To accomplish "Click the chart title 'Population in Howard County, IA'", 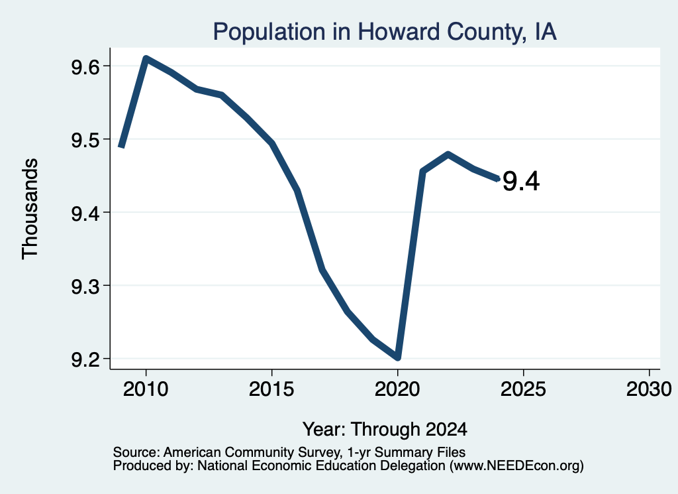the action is (385, 32).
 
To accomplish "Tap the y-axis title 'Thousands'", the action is (30, 209).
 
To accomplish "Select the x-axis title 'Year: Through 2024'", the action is (385, 429).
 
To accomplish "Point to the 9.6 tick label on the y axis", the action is (85, 67).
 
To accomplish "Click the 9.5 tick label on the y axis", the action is (85, 141).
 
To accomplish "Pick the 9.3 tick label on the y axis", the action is (85, 286).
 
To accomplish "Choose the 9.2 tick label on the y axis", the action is (85, 360).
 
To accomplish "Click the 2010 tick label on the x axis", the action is (146, 389).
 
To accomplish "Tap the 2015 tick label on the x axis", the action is (271, 389).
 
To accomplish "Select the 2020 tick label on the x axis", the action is (397, 389).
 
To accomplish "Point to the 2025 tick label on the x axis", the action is (523, 389).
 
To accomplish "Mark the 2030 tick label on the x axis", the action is (649, 389).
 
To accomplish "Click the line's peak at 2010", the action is (146, 58).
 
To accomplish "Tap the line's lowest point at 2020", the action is (397, 357).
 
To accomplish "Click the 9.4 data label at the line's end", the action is (522, 181).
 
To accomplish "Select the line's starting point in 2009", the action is (122, 147).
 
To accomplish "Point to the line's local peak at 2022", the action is (448, 154).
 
